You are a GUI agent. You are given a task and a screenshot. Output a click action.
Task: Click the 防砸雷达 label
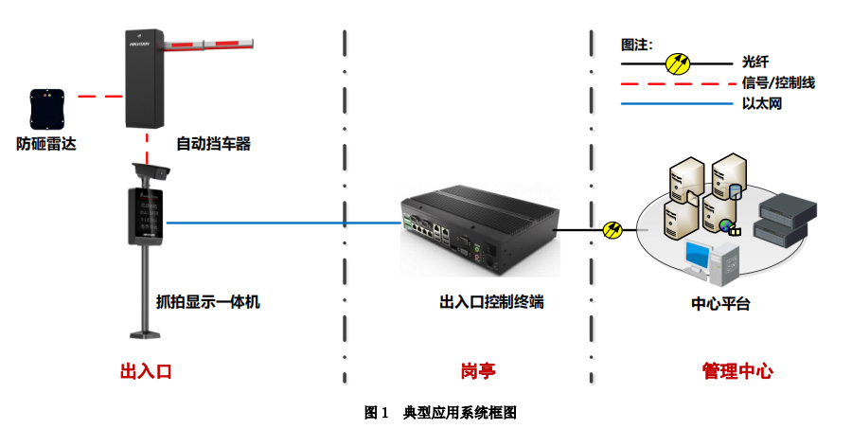(45, 144)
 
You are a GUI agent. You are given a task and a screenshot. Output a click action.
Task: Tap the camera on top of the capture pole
(151, 171)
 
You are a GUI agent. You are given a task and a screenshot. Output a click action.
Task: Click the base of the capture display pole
(149, 334)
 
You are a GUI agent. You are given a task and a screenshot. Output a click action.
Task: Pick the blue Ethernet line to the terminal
(284, 223)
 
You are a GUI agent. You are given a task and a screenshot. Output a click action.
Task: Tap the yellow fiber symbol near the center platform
(612, 229)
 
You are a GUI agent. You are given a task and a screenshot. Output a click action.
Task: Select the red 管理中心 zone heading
(737, 370)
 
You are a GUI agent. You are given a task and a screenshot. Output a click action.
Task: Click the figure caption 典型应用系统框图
(460, 413)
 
